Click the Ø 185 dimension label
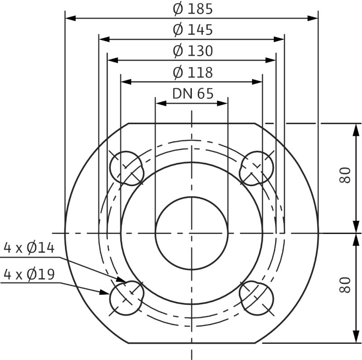(193, 9)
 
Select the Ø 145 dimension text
(193, 30)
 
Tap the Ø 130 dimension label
(193, 51)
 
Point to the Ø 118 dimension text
(193, 72)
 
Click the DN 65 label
(193, 94)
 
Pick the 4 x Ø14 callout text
(29, 248)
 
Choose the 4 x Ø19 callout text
(29, 274)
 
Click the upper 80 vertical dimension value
(345, 175)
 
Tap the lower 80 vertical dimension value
(345, 285)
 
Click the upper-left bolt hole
(126, 168)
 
